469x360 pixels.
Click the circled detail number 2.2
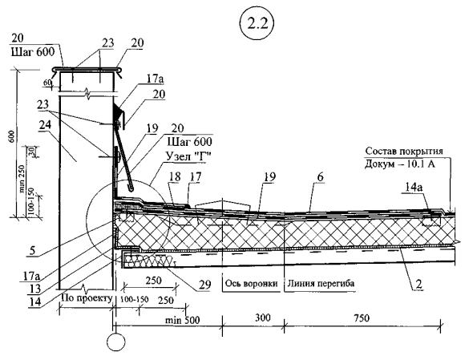pyautogui.click(x=257, y=25)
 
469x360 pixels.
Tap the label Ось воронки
pyautogui.click(x=251, y=283)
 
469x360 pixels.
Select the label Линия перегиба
pyautogui.click(x=321, y=283)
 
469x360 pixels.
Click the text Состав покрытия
pyautogui.click(x=404, y=151)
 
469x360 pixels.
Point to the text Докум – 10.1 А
pyautogui.click(x=400, y=164)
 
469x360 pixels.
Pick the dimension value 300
pyautogui.click(x=262, y=318)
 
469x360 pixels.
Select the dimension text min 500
pyautogui.click(x=183, y=320)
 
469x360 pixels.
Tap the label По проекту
pyautogui.click(x=87, y=297)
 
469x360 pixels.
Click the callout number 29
pyautogui.click(x=205, y=285)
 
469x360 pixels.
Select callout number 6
pyautogui.click(x=320, y=177)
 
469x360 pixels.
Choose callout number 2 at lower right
pyautogui.click(x=418, y=285)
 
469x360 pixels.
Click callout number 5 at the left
pyautogui.click(x=32, y=250)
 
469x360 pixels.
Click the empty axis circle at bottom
pyautogui.click(x=116, y=342)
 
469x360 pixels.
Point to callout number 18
pyautogui.click(x=175, y=177)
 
